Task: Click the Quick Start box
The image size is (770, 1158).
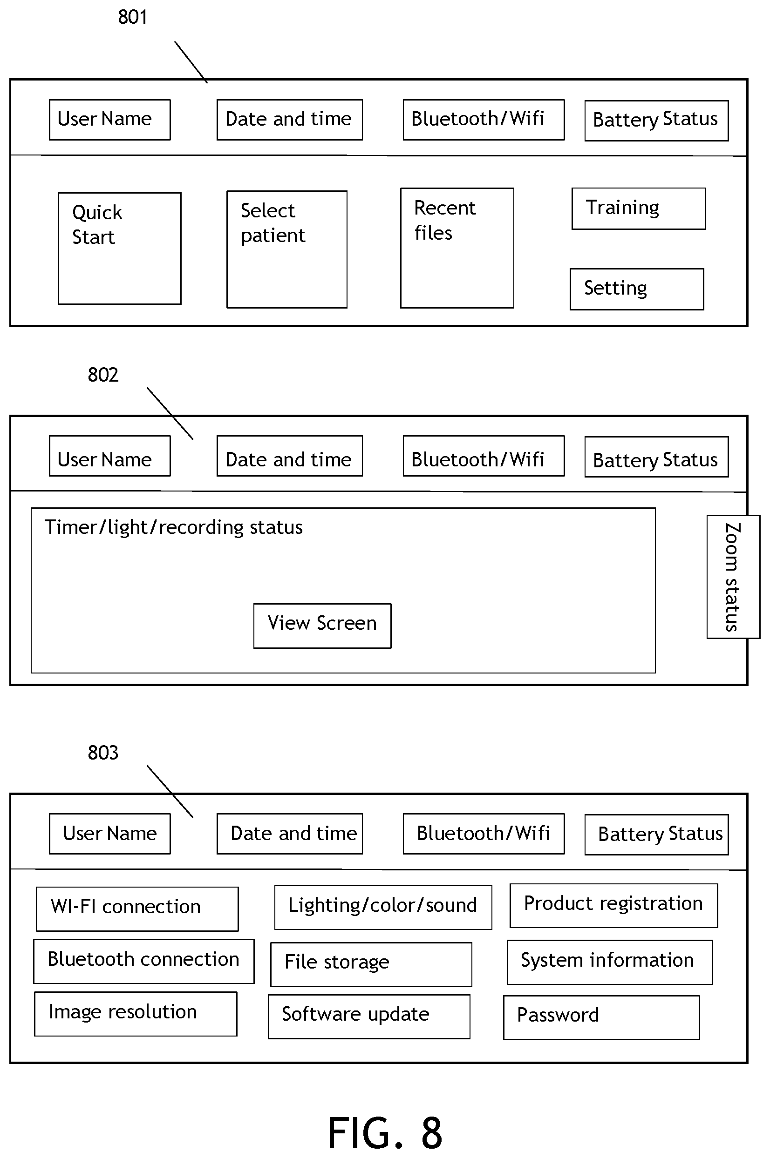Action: (119, 248)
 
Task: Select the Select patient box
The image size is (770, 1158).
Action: (287, 249)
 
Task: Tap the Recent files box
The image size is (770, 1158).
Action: (457, 248)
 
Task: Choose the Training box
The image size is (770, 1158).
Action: (638, 209)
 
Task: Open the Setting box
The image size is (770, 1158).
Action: (636, 289)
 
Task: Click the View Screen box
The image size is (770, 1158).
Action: (322, 626)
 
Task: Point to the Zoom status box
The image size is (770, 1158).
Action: (733, 577)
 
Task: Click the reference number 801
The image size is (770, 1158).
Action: (133, 17)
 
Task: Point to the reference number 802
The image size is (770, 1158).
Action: (103, 375)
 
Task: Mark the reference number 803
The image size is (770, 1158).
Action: (103, 753)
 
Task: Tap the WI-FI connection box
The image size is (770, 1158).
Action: (137, 909)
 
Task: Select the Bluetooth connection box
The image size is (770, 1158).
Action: (144, 961)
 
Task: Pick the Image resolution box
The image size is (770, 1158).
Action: (136, 1014)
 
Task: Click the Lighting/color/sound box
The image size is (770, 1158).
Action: (383, 907)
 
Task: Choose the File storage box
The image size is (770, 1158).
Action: (371, 964)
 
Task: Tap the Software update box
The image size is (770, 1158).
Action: (369, 1017)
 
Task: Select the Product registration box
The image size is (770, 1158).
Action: (613, 905)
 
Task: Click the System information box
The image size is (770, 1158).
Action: (609, 962)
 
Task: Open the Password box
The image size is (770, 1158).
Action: (601, 1017)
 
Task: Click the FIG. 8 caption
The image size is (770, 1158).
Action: (385, 1132)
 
